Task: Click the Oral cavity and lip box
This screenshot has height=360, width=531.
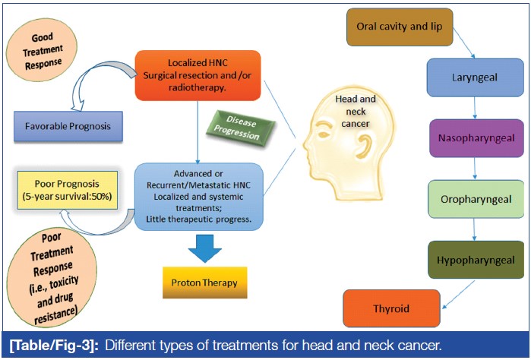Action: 399,27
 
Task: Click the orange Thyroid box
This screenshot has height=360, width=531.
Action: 391,308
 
